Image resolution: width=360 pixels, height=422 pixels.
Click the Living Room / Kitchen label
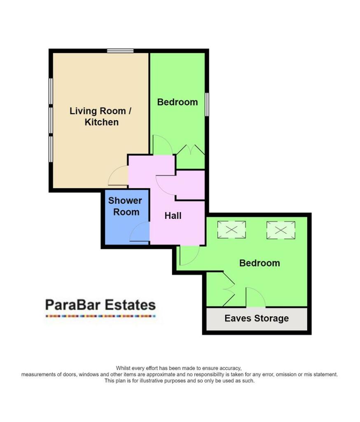click(x=101, y=116)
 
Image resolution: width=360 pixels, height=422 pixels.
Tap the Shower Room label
click(x=125, y=206)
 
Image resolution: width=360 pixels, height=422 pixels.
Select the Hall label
click(x=173, y=216)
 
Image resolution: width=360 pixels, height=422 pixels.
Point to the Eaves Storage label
click(x=257, y=319)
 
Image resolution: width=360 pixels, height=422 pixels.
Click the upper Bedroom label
click(x=177, y=102)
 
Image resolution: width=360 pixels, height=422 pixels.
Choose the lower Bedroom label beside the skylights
click(x=259, y=263)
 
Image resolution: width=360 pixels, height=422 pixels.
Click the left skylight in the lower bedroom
click(x=231, y=230)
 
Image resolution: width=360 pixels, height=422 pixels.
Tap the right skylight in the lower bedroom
click(x=281, y=230)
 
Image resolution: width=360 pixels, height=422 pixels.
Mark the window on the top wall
click(x=120, y=51)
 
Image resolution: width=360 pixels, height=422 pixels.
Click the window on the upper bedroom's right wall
click(x=207, y=104)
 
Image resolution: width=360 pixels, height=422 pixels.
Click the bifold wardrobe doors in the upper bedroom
click(x=190, y=150)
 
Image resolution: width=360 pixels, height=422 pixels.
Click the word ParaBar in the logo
click(x=72, y=305)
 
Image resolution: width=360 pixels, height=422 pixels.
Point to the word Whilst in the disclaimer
click(x=122, y=368)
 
